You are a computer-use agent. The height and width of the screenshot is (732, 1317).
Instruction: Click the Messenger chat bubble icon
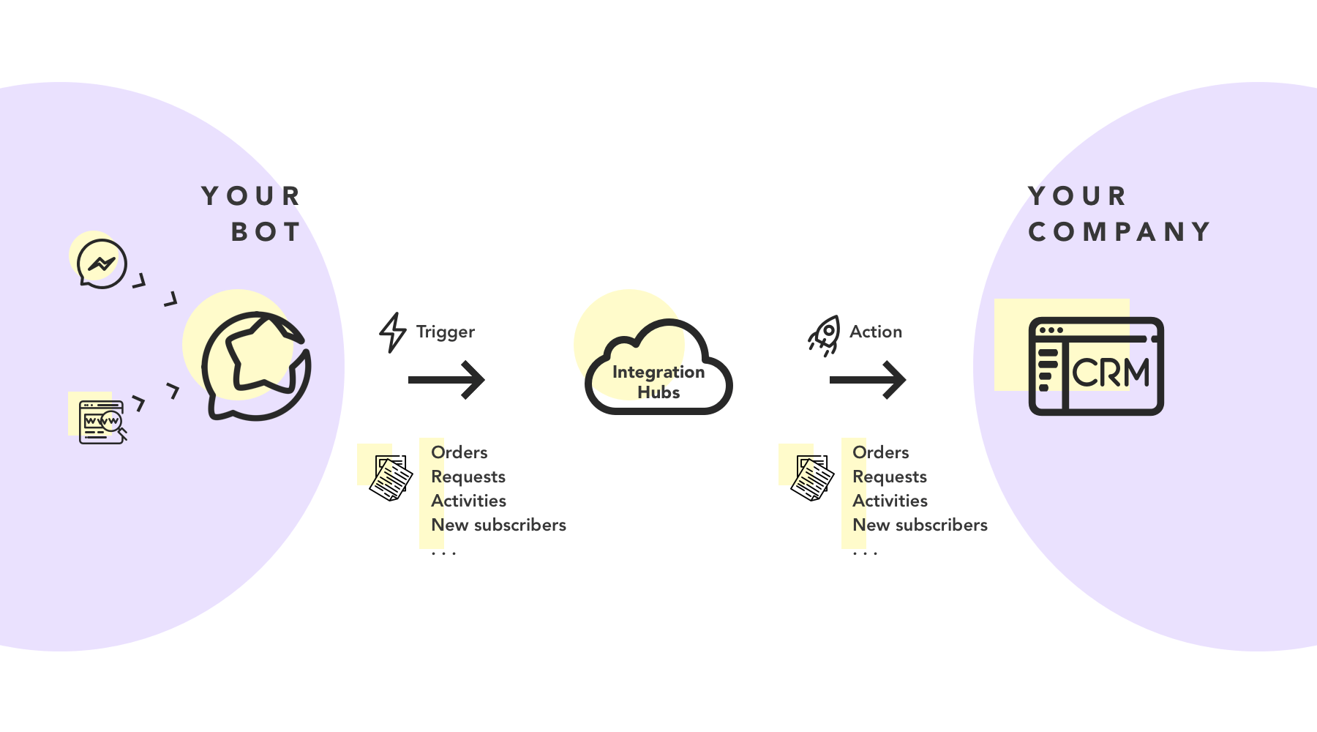coord(102,264)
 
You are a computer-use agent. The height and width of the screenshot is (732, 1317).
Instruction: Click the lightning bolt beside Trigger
coord(392,332)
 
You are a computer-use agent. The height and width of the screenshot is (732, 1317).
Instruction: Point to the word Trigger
coord(445,332)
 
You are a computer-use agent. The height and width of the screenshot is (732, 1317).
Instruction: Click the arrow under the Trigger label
coord(446,379)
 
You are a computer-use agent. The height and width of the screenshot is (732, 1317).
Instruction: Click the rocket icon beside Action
coord(825,335)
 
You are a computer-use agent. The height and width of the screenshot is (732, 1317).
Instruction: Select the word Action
coord(875,332)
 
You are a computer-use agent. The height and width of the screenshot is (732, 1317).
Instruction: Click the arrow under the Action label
coord(868,379)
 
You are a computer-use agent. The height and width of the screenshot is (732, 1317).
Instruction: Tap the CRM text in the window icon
coord(1111,373)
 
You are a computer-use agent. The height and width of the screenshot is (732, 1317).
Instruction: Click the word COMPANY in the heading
coord(1119,232)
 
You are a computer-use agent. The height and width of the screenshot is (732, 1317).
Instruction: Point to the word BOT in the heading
coord(266,232)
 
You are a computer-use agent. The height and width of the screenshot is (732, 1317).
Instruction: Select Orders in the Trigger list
coord(459,452)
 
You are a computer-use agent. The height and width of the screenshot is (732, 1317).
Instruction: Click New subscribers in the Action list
coord(920,525)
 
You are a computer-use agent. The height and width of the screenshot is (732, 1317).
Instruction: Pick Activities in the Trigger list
coord(468,501)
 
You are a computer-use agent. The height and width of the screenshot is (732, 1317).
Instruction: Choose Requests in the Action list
coord(889,477)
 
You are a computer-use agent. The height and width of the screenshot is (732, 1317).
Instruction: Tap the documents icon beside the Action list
coord(812,478)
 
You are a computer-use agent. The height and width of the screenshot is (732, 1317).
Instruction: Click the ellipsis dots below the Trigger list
coord(443,553)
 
